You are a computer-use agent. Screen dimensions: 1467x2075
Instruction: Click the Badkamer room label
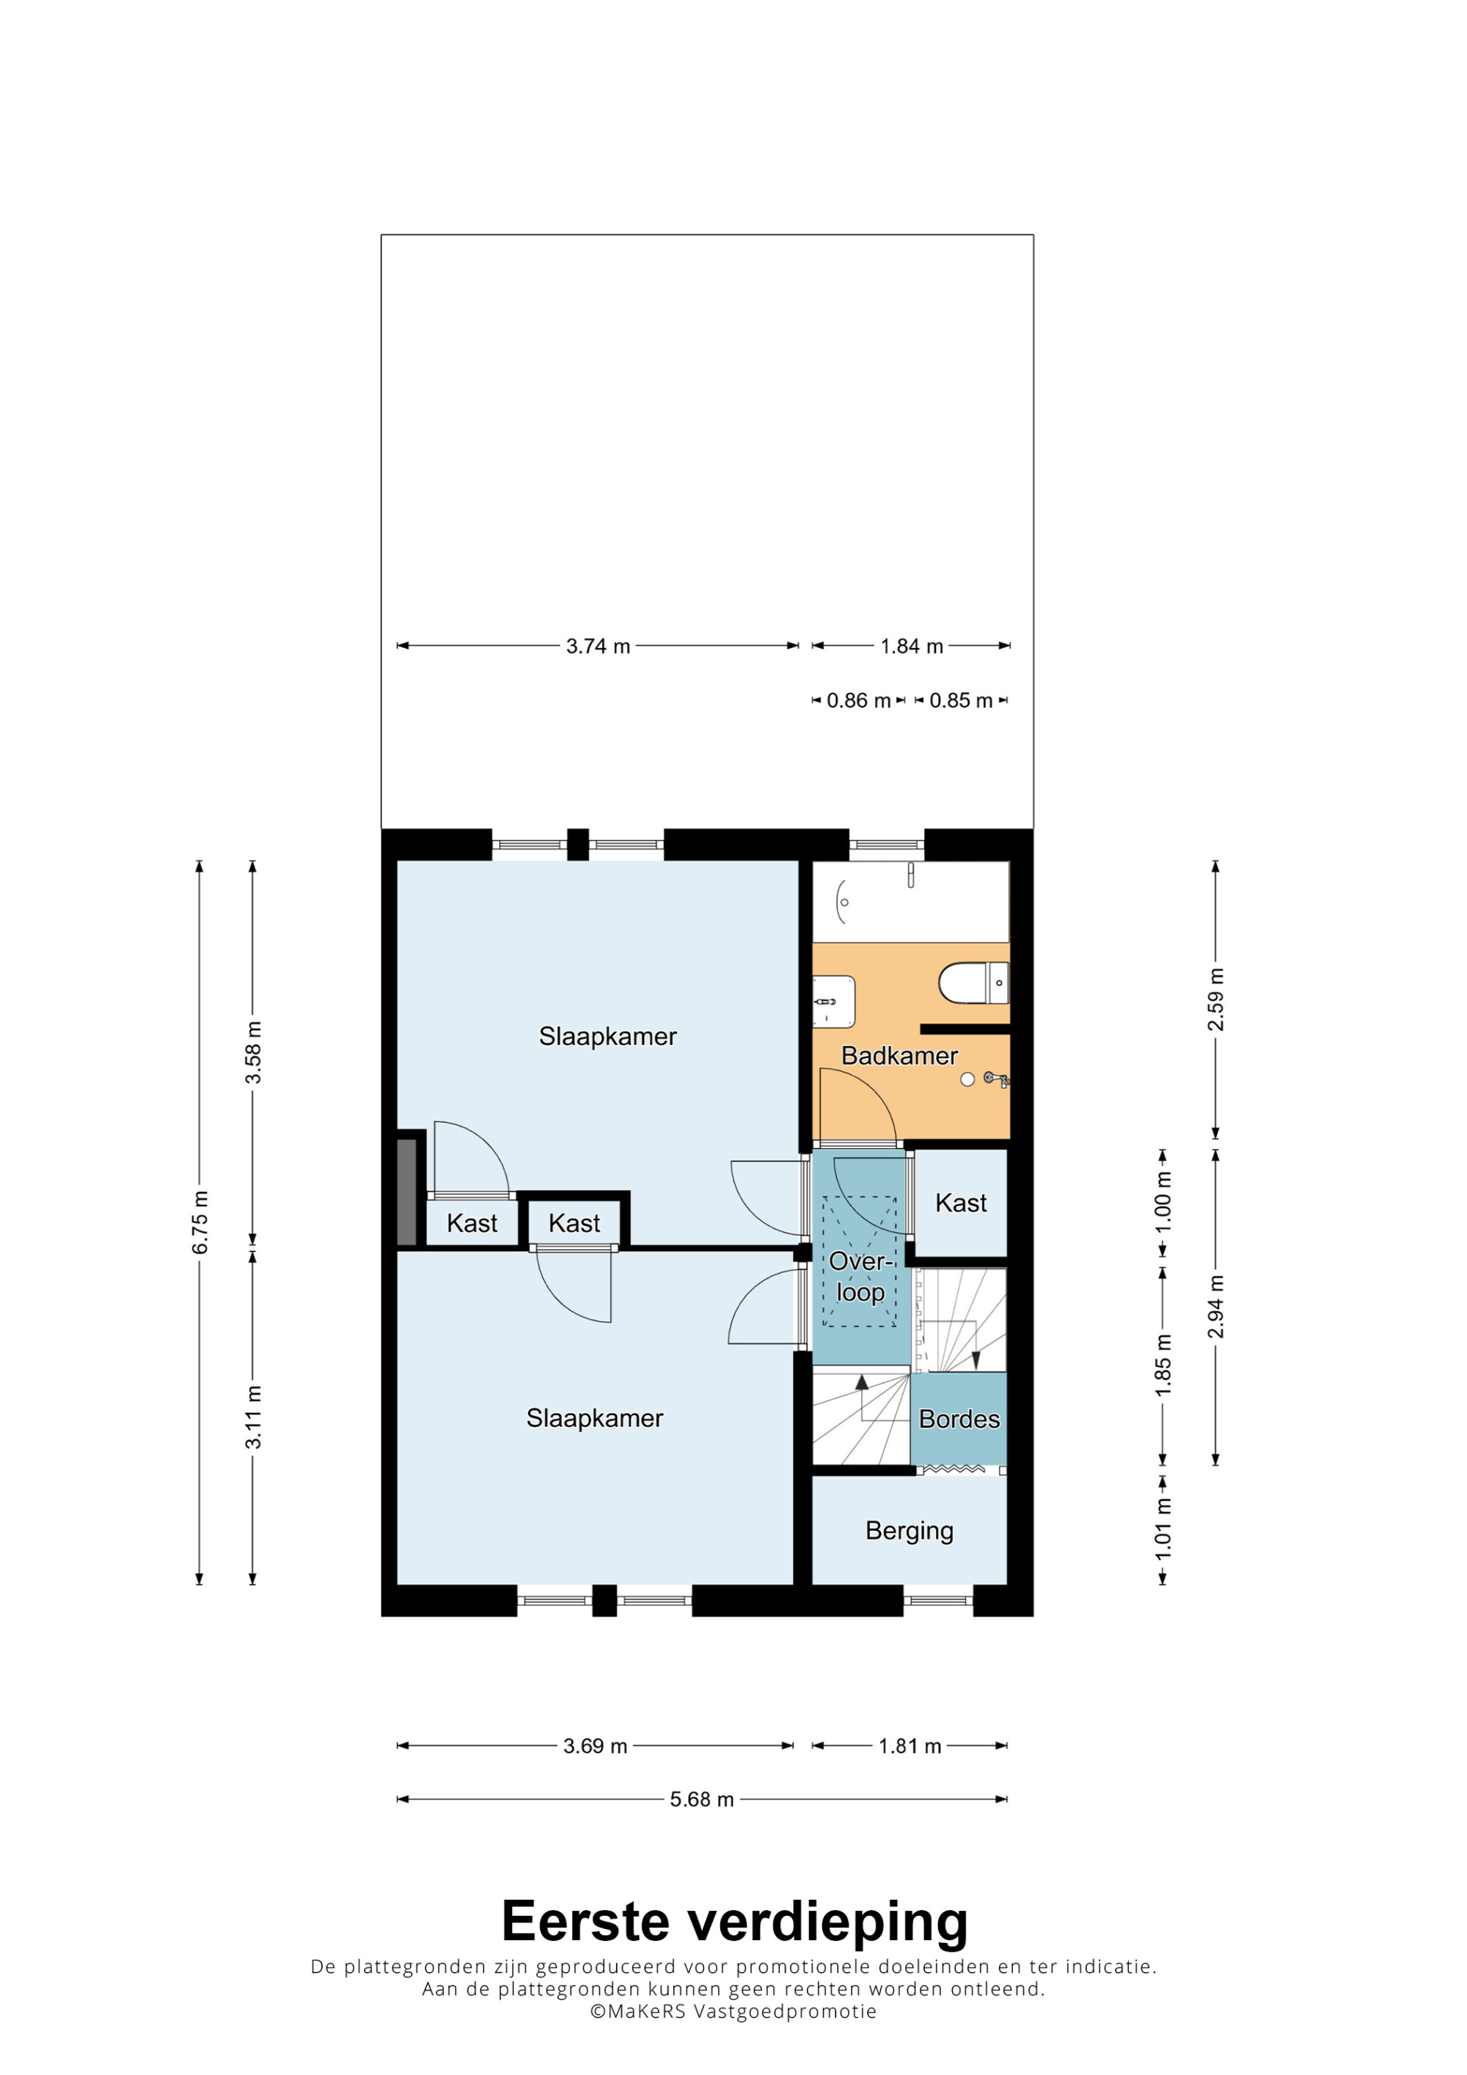[x=899, y=1056]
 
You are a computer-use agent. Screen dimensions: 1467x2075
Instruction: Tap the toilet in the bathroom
[x=973, y=983]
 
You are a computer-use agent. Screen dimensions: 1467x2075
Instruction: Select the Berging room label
[x=910, y=1531]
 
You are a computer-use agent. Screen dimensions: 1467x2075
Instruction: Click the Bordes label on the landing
[x=959, y=1419]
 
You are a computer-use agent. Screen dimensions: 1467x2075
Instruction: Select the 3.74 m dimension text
[x=598, y=646]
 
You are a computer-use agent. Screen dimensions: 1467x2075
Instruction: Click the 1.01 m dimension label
[x=1163, y=1528]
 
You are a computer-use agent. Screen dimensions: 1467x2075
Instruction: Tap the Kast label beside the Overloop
[x=961, y=1203]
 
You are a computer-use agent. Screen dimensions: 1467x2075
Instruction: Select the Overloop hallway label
[x=860, y=1276]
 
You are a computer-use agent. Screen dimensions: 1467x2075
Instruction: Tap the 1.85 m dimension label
[x=1163, y=1365]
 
